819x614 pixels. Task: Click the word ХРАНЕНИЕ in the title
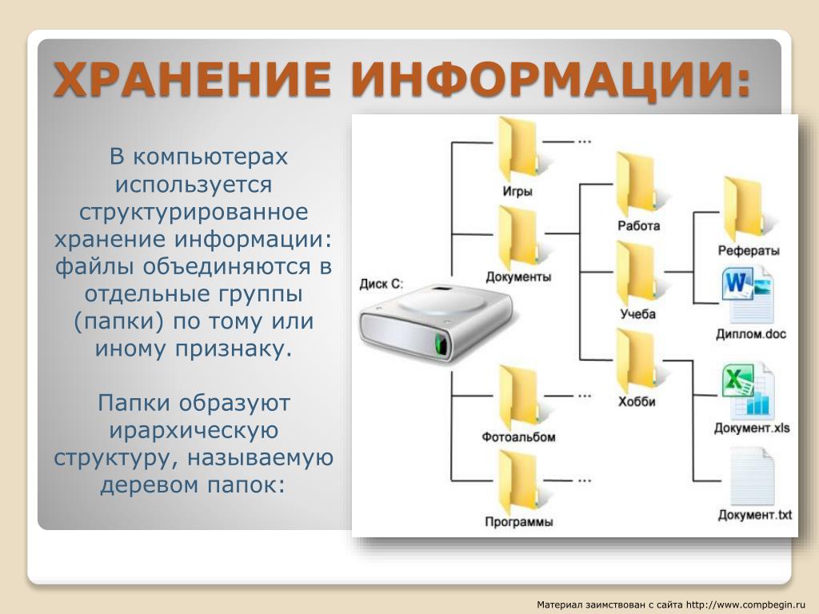pyautogui.click(x=192, y=80)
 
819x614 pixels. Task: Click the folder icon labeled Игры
pyautogui.click(x=517, y=150)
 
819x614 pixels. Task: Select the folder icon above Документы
pyautogui.click(x=517, y=238)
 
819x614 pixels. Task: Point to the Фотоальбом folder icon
pyautogui.click(x=517, y=397)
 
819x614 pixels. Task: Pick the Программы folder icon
pyautogui.click(x=517, y=482)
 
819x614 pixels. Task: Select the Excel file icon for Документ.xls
pyautogui.click(x=749, y=389)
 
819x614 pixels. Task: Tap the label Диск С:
pyautogui.click(x=382, y=284)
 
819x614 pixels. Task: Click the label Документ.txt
pyautogui.click(x=754, y=514)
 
